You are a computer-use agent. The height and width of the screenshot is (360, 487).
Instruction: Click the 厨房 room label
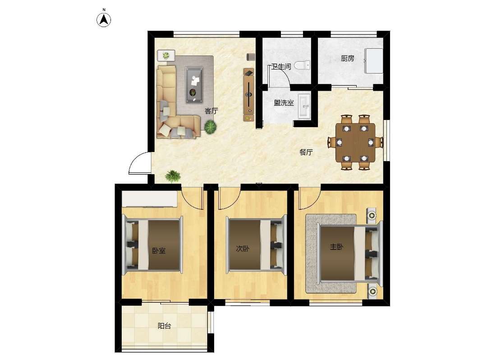[x=347, y=58]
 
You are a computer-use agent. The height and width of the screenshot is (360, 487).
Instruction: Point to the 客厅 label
[x=211, y=111]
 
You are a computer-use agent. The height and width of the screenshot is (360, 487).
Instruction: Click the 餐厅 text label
[x=306, y=152]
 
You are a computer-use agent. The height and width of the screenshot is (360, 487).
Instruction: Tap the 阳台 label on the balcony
[x=164, y=326]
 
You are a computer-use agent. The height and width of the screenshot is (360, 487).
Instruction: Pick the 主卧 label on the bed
[x=336, y=247]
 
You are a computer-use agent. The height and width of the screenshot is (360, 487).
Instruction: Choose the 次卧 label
[x=243, y=249]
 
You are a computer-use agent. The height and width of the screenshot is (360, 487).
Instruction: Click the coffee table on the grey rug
[x=194, y=84]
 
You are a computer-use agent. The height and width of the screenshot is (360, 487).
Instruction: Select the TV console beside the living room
[x=249, y=95]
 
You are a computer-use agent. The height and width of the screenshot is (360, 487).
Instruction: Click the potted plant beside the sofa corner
[x=211, y=127]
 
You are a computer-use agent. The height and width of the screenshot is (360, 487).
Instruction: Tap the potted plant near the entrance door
[x=173, y=176]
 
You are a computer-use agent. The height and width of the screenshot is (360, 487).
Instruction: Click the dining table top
[x=355, y=143]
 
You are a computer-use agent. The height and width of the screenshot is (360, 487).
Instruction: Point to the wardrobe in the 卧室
[x=149, y=199]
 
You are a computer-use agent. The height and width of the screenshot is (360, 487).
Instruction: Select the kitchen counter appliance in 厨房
[x=374, y=61]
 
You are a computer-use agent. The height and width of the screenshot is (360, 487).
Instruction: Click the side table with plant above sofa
[x=166, y=55]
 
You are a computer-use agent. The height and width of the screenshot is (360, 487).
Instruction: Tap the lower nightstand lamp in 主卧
[x=372, y=291]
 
